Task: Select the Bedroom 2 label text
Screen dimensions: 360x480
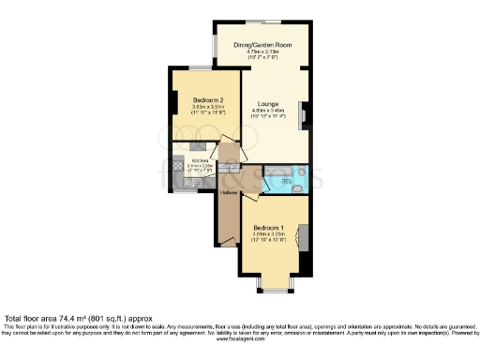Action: tap(208, 99)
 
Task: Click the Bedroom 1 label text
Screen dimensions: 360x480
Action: tap(270, 227)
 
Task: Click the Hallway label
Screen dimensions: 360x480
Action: tap(227, 192)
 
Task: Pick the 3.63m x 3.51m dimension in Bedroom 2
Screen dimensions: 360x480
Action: tap(208, 107)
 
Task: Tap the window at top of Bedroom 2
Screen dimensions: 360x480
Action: tap(200, 67)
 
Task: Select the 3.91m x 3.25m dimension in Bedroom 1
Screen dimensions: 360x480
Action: tap(270, 234)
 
